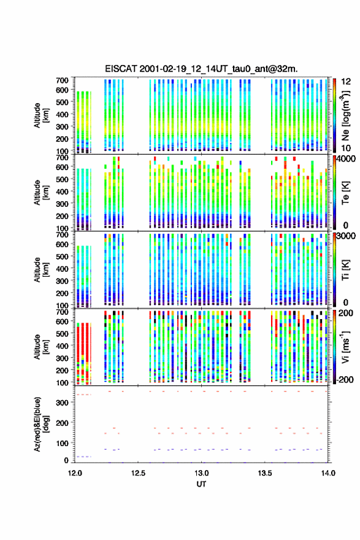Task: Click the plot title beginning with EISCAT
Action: [201, 69]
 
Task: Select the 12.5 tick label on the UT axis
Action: [138, 473]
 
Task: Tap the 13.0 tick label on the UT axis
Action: [201, 473]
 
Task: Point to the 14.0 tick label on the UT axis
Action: [328, 473]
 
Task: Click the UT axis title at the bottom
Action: [201, 484]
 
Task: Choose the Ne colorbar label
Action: [345, 115]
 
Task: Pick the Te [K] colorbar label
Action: [345, 192]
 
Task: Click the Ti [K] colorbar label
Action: [345, 269]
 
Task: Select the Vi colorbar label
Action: [345, 347]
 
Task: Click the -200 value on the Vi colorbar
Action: [345, 379]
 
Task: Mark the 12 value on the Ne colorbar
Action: [346, 82]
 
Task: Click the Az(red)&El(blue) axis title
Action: [41, 424]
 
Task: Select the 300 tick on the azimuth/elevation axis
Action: [63, 403]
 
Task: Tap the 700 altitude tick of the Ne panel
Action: [63, 80]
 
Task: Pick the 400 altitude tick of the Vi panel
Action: [63, 345]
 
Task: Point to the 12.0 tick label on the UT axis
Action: [75, 473]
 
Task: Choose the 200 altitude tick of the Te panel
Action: [63, 216]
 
